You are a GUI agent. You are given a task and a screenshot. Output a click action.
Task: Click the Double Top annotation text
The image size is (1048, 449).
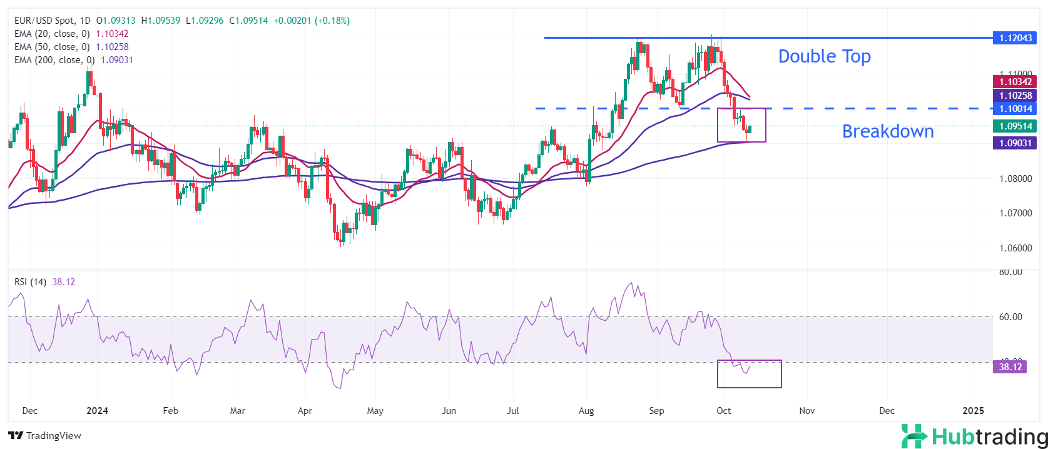tap(824, 56)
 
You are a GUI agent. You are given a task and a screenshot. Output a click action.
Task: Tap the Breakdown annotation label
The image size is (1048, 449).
tap(887, 131)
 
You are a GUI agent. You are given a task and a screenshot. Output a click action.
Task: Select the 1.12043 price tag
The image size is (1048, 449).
tap(1015, 38)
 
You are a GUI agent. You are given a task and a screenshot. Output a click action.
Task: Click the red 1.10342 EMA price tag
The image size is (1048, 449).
tap(1015, 82)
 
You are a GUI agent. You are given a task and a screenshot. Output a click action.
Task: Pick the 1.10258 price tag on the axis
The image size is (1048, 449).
tap(1015, 96)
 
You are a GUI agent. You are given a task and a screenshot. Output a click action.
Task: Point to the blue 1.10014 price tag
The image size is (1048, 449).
tap(1015, 109)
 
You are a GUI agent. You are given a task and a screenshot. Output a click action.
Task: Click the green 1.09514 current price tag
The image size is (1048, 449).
tap(1015, 126)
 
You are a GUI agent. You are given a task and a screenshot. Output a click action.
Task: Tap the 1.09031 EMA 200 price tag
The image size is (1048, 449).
tap(1015, 143)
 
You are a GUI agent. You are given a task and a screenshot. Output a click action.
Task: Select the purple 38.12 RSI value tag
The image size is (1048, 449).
tap(1010, 367)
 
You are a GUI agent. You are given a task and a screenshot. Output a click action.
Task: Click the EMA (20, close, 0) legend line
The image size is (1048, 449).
tap(52, 34)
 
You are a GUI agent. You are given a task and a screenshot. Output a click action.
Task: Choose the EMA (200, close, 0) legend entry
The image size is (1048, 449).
tap(54, 60)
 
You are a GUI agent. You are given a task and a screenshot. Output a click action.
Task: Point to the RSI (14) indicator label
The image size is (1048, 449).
tap(30, 282)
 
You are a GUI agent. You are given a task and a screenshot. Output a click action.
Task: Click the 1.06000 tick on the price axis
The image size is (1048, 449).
tap(1015, 248)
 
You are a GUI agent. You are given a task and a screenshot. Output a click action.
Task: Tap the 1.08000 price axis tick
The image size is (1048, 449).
tap(1015, 179)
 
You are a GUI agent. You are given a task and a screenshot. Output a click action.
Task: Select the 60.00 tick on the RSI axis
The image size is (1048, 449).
tap(1010, 317)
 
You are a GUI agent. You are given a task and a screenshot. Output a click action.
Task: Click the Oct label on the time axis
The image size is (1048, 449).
tap(723, 411)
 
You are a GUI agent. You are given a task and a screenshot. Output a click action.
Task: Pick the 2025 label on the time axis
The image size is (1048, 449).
tap(973, 411)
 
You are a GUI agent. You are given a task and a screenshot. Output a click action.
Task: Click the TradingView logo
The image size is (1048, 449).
tap(44, 436)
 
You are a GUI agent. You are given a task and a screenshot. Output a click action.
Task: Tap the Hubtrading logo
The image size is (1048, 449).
tap(974, 436)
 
